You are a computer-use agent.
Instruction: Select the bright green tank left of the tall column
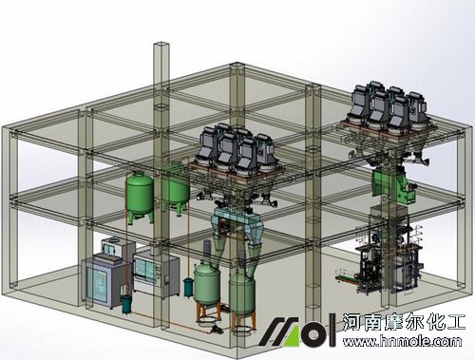coord(140,197)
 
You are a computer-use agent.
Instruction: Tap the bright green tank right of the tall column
coord(176,187)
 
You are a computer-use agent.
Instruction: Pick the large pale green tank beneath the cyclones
coord(242,299)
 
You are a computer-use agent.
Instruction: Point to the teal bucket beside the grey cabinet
coord(126,304)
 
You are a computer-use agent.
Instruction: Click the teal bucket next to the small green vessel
coord(188,287)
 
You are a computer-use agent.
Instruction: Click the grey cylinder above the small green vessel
coord(207,248)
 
